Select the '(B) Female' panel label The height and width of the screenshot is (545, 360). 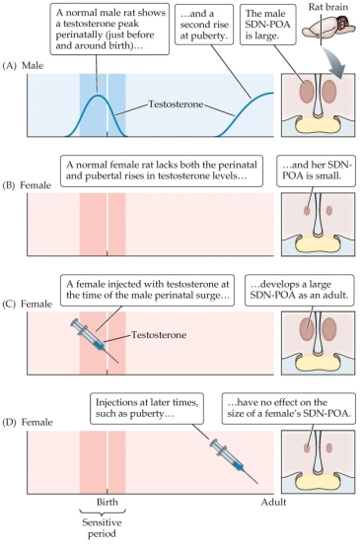coord(22,193)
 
